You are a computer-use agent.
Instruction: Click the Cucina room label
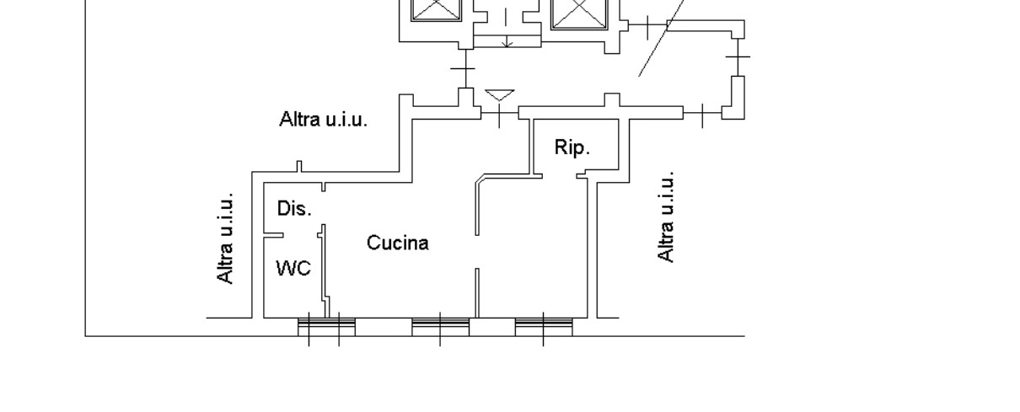click(397, 243)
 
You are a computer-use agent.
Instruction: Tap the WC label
click(293, 269)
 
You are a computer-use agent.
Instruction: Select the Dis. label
click(294, 208)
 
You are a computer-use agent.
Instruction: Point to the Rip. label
click(572, 147)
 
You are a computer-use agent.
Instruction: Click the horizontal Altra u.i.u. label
click(323, 120)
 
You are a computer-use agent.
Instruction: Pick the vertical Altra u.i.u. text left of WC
click(225, 239)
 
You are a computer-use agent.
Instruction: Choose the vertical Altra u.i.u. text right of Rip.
click(666, 217)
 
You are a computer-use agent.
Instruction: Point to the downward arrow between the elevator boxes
click(507, 34)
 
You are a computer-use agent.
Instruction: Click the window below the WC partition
click(326, 327)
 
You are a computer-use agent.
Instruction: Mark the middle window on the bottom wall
click(440, 327)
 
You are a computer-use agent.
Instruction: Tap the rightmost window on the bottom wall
click(543, 327)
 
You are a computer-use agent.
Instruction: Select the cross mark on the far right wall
click(738, 56)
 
